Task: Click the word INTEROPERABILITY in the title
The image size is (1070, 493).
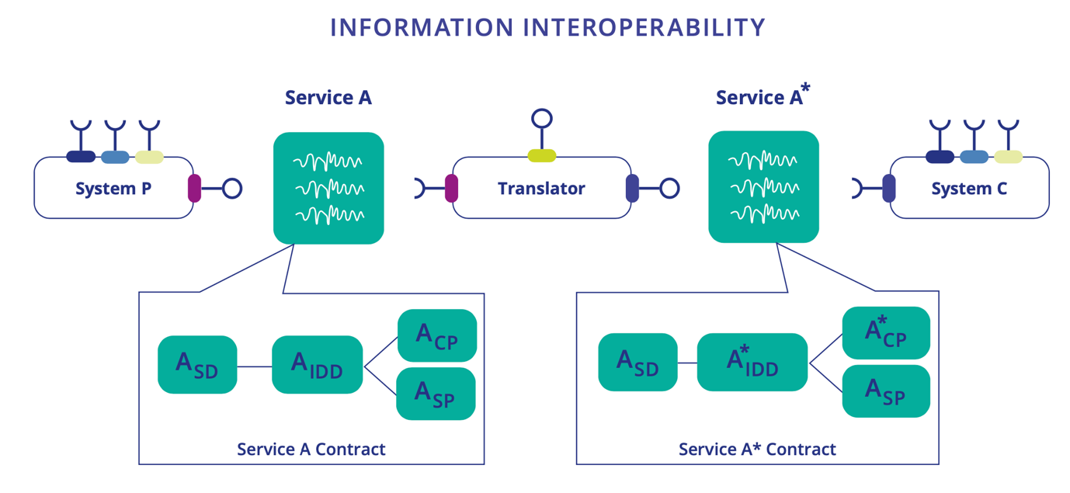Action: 644,27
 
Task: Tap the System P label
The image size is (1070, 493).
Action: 113,188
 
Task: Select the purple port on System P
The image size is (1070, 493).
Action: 194,188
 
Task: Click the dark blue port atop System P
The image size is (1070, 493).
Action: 81,157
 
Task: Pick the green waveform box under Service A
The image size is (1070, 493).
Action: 328,188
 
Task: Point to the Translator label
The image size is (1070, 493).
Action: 541,188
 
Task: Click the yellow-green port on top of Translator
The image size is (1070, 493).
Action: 542,156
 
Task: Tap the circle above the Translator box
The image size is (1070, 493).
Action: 542,119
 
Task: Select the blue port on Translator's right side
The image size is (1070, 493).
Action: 632,188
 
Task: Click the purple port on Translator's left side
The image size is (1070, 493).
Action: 451,188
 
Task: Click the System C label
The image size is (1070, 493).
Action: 969,188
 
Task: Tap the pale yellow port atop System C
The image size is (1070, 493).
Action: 1008,157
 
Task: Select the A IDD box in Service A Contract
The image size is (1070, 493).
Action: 318,364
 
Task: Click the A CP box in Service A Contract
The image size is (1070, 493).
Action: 436,335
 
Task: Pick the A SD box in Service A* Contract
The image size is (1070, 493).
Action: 637,362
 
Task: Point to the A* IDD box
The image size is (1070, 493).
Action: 752,362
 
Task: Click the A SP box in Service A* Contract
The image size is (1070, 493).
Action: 886,391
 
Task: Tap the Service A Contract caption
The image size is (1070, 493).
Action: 311,449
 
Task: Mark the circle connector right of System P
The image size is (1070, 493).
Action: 232,188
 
